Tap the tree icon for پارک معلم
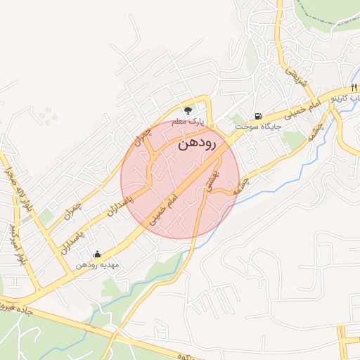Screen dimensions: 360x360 [x=188, y=110]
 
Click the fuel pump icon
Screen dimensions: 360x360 [x=259, y=115]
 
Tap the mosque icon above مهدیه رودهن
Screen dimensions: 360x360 [x=97, y=254]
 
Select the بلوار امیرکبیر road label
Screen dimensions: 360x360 [x=17, y=243]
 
